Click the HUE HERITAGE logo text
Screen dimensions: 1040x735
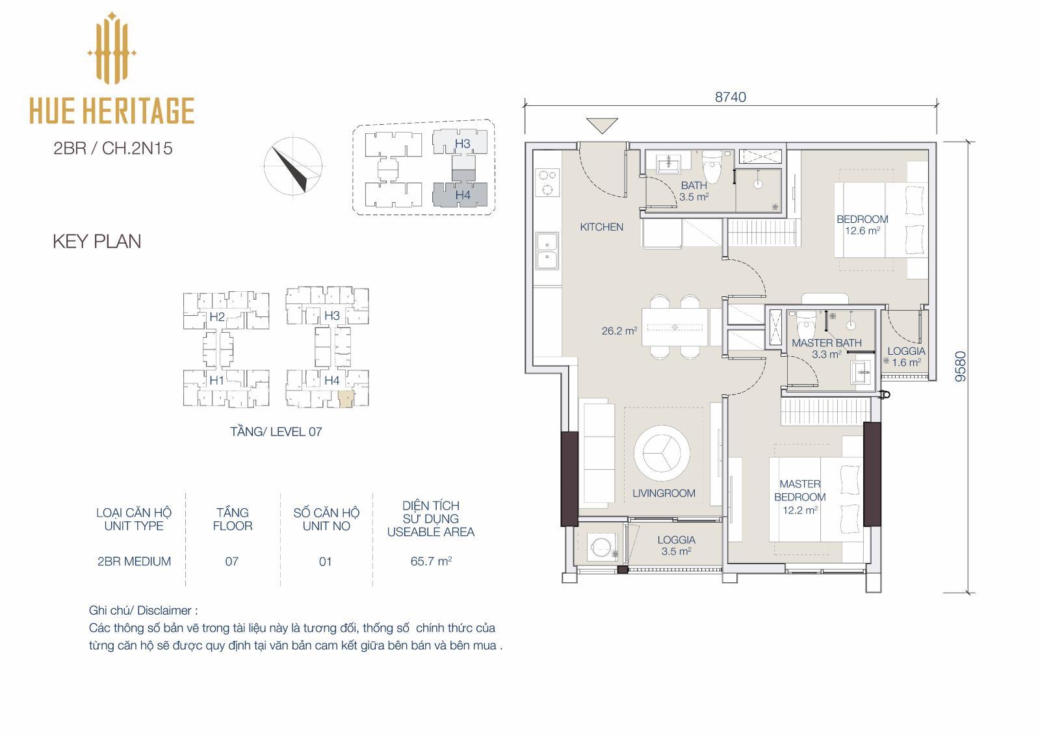point(112,110)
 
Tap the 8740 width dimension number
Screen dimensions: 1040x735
point(731,97)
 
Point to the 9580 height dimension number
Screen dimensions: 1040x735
point(960,367)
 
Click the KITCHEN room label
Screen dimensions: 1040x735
point(601,227)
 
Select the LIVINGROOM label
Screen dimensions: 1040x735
point(664,493)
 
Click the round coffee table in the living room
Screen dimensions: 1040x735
point(662,453)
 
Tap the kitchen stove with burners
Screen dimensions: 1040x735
point(547,182)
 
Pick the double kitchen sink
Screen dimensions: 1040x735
point(547,251)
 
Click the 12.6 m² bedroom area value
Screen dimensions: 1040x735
point(862,231)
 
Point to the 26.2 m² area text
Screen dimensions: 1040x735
point(619,331)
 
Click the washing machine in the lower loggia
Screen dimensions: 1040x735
point(602,547)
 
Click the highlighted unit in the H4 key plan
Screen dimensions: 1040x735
point(345,399)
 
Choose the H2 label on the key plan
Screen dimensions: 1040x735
point(217,316)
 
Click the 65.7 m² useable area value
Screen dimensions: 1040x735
point(431,561)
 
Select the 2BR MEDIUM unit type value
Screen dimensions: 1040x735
point(134,561)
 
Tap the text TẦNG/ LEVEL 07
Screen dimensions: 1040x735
point(276,432)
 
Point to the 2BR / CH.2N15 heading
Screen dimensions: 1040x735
point(113,148)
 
